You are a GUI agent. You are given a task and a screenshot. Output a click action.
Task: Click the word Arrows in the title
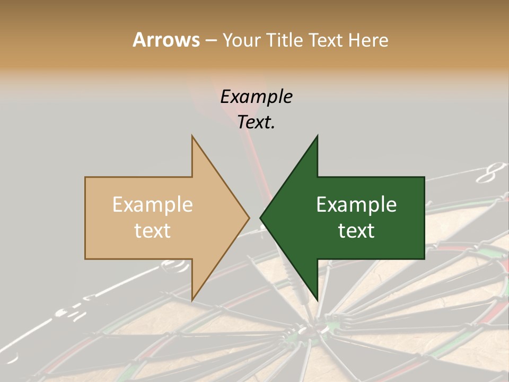coord(166,40)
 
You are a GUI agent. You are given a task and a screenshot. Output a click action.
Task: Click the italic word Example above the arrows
coord(256,97)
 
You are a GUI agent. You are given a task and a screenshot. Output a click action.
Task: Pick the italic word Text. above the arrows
coord(256,123)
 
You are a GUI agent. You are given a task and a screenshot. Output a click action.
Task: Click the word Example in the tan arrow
coord(152,204)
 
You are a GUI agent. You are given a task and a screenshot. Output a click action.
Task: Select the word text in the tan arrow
coord(152,231)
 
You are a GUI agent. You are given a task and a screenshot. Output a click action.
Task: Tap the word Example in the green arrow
coord(356,204)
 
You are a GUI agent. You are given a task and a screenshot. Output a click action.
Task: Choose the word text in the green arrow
coord(356,231)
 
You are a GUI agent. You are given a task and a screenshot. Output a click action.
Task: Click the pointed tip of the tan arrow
coord(249,218)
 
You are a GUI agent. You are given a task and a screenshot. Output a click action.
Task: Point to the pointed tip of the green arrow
coord(260,218)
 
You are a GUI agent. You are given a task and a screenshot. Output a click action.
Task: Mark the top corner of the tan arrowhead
coord(192,136)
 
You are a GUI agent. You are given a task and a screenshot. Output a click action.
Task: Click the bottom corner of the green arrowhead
coord(317,299)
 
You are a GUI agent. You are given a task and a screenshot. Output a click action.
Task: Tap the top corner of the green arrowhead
coord(317,136)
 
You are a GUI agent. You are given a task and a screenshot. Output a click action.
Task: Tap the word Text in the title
coord(327,40)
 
